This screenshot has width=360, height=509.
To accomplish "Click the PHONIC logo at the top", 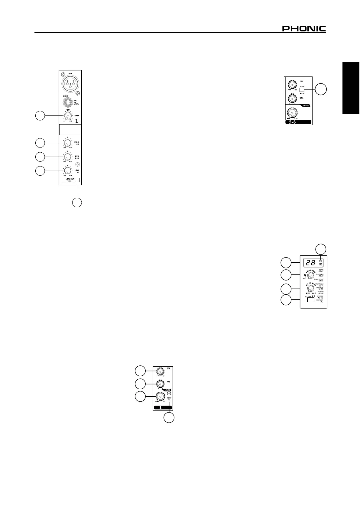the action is click(304, 29).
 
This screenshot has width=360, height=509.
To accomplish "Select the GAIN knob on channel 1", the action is click(68, 116).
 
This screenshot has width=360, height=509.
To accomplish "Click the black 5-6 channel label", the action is click(298, 122).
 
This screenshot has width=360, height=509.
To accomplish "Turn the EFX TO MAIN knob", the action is click(310, 288).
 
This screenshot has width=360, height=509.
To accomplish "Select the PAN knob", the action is click(160, 384).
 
